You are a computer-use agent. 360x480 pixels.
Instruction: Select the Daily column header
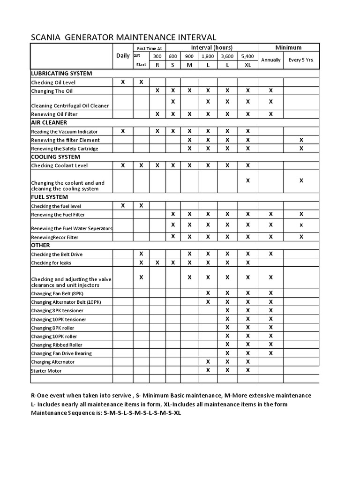(x=123, y=56)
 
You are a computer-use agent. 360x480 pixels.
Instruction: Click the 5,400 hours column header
(x=247, y=56)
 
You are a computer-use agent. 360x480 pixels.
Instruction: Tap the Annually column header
(x=270, y=60)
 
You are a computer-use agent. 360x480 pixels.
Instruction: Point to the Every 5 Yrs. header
(x=301, y=60)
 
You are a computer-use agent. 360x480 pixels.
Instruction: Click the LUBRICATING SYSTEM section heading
(x=61, y=74)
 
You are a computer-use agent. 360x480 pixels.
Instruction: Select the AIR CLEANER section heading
(x=49, y=122)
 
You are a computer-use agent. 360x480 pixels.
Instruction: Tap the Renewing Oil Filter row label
(x=54, y=114)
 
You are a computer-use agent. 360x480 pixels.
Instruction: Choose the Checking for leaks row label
(x=52, y=263)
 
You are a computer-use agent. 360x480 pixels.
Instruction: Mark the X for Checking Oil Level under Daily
(x=123, y=82)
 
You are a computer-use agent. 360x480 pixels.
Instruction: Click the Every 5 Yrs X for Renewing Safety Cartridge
(x=301, y=148)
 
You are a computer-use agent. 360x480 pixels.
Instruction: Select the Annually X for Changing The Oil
(x=270, y=90)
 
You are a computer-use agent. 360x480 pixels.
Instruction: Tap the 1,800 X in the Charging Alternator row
(x=208, y=361)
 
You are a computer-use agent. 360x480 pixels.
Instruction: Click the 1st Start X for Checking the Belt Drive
(x=141, y=254)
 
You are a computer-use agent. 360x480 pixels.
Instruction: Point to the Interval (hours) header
(x=211, y=48)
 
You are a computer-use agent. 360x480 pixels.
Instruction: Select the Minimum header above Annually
(x=288, y=48)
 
